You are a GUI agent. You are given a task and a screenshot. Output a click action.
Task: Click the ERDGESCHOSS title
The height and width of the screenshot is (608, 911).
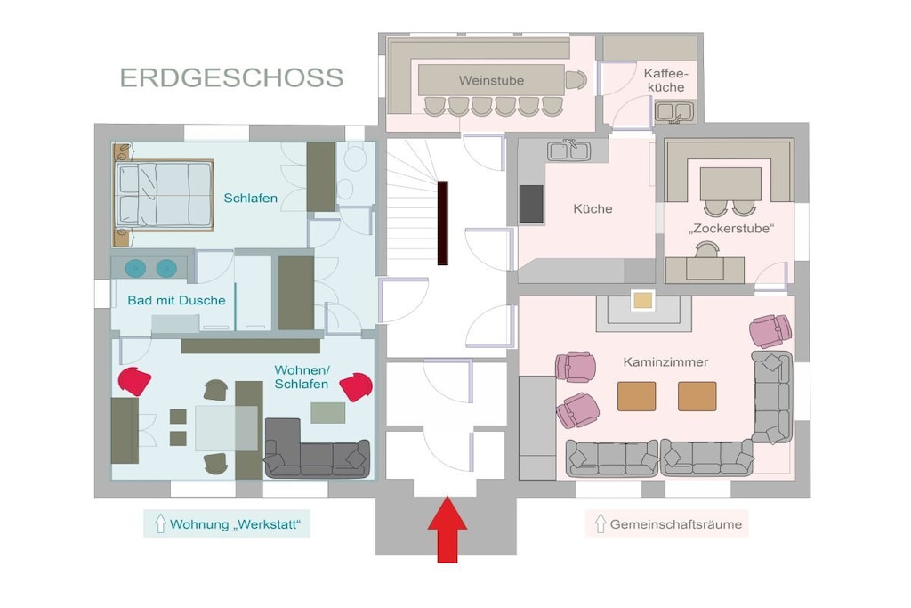(232, 77)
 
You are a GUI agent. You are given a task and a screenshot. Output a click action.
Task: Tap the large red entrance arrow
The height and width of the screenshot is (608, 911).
(447, 530)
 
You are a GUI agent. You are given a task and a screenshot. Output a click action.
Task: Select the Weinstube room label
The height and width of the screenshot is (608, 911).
(491, 80)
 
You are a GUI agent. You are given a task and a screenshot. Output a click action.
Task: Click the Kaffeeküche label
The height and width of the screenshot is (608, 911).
(665, 81)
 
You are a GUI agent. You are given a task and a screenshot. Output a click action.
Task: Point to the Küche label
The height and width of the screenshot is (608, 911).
(593, 208)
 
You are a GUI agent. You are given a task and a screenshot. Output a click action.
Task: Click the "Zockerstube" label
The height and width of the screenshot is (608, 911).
(731, 229)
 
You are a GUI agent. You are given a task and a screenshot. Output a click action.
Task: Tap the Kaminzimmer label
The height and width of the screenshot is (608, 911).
(665, 362)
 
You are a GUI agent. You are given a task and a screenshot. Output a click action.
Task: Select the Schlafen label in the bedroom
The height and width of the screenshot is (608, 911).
(250, 199)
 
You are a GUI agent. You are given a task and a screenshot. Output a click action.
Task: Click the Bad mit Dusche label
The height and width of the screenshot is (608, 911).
(177, 301)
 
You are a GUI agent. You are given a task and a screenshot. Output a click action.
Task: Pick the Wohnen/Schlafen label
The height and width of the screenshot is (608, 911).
(302, 377)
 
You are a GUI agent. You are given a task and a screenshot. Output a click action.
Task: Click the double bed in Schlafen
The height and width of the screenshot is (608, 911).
(164, 194)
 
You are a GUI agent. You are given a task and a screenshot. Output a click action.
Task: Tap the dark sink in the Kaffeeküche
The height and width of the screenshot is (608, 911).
(674, 111)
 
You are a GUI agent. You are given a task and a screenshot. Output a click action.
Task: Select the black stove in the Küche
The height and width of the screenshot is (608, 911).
(531, 204)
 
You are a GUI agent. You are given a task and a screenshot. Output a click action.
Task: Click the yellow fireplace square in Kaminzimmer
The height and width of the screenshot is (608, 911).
(643, 301)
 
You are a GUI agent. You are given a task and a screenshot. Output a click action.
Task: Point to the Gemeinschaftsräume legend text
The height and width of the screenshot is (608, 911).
(676, 524)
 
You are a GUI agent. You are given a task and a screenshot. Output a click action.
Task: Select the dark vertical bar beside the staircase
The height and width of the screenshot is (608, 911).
(443, 223)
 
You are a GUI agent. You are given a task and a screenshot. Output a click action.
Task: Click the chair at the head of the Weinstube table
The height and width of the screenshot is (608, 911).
(576, 80)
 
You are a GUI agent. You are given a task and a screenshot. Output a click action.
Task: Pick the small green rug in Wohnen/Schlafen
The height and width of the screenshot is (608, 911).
(328, 413)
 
